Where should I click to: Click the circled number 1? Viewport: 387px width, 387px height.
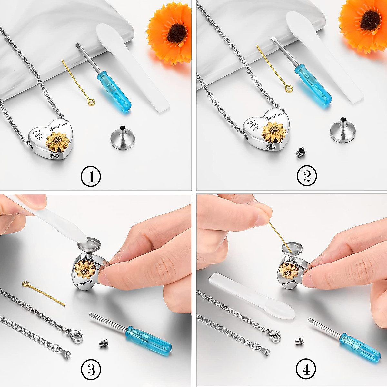tap(91, 177)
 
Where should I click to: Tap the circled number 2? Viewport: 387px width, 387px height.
tap(307, 176)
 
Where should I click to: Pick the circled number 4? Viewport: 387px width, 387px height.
tap(306, 369)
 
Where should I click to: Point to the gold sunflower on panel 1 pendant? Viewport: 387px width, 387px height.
tap(58, 142)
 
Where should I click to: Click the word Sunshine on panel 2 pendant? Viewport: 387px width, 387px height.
tap(274, 116)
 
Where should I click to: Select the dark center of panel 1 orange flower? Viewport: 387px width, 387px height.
tap(177, 33)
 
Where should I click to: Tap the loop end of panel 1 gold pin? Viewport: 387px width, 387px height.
tap(92, 102)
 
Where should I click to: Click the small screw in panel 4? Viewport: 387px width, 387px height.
tap(299, 341)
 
